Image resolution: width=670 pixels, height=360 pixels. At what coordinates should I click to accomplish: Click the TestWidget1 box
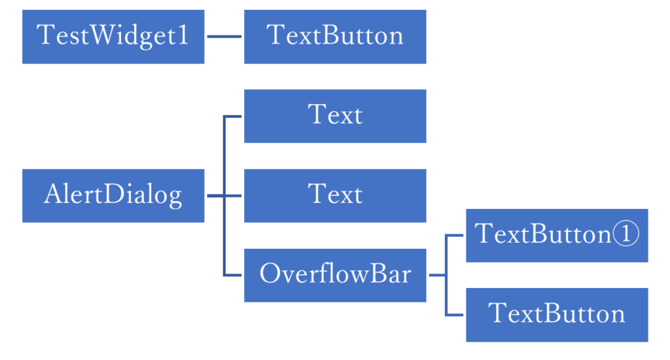tap(113, 37)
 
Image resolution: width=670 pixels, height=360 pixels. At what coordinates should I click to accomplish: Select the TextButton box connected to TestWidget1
tap(335, 37)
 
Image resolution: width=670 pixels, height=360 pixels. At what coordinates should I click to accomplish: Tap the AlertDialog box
tap(113, 196)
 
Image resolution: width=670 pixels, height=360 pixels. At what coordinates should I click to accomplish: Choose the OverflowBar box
tap(335, 275)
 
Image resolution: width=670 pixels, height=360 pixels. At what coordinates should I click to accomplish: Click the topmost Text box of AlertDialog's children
tap(335, 116)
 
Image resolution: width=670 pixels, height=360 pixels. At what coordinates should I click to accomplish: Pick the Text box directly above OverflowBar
tap(335, 196)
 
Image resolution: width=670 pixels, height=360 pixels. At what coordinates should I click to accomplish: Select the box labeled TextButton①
tap(557, 236)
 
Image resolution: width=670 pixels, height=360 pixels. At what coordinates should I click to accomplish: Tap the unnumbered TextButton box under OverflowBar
tap(557, 314)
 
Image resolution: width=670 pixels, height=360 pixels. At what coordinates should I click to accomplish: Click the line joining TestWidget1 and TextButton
tap(224, 37)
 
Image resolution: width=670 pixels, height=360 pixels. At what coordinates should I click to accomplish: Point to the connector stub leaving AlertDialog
tap(215, 196)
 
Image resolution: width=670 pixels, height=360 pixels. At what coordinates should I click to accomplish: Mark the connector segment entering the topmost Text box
tap(233, 117)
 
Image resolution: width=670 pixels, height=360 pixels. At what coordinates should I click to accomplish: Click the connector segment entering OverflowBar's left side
tap(233, 275)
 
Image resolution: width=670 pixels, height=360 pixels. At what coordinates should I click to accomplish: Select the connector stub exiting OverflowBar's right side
tap(436, 275)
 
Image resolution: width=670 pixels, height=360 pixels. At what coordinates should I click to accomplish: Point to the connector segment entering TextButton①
tap(455, 236)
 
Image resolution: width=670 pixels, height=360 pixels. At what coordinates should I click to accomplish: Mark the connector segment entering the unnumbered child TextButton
tap(455, 315)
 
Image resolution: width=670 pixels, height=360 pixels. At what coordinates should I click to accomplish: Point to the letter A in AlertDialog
tap(52, 194)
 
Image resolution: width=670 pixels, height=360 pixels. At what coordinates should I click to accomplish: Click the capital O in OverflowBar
tap(269, 274)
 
